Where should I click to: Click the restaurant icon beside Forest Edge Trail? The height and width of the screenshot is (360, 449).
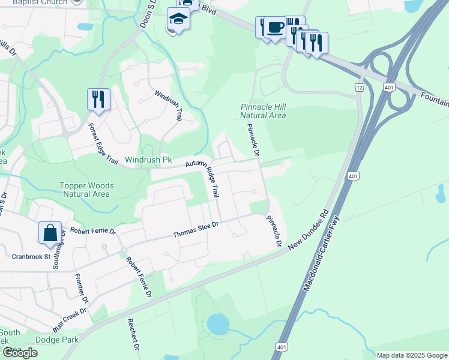point(98,99)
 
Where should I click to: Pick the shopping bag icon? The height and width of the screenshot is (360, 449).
point(50,233)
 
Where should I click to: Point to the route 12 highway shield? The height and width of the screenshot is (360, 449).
point(360,88)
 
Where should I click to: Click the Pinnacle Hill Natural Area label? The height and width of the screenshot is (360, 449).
point(263,111)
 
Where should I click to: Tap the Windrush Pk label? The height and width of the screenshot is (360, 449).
point(148,161)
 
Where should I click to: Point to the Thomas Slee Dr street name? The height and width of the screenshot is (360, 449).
point(197,230)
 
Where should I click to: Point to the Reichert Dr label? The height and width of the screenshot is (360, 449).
point(133,335)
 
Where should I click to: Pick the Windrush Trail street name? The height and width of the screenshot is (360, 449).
point(168,106)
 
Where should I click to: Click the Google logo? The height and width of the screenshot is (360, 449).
point(20,353)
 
